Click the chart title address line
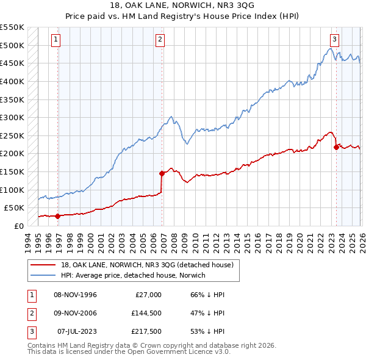[183, 5]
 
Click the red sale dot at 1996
[57, 216]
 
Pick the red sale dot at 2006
[162, 173]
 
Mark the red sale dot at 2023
[336, 147]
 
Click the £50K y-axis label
[15, 207]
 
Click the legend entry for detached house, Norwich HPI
[133, 275]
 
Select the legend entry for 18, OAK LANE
[147, 265]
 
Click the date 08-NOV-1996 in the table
[76, 295]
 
